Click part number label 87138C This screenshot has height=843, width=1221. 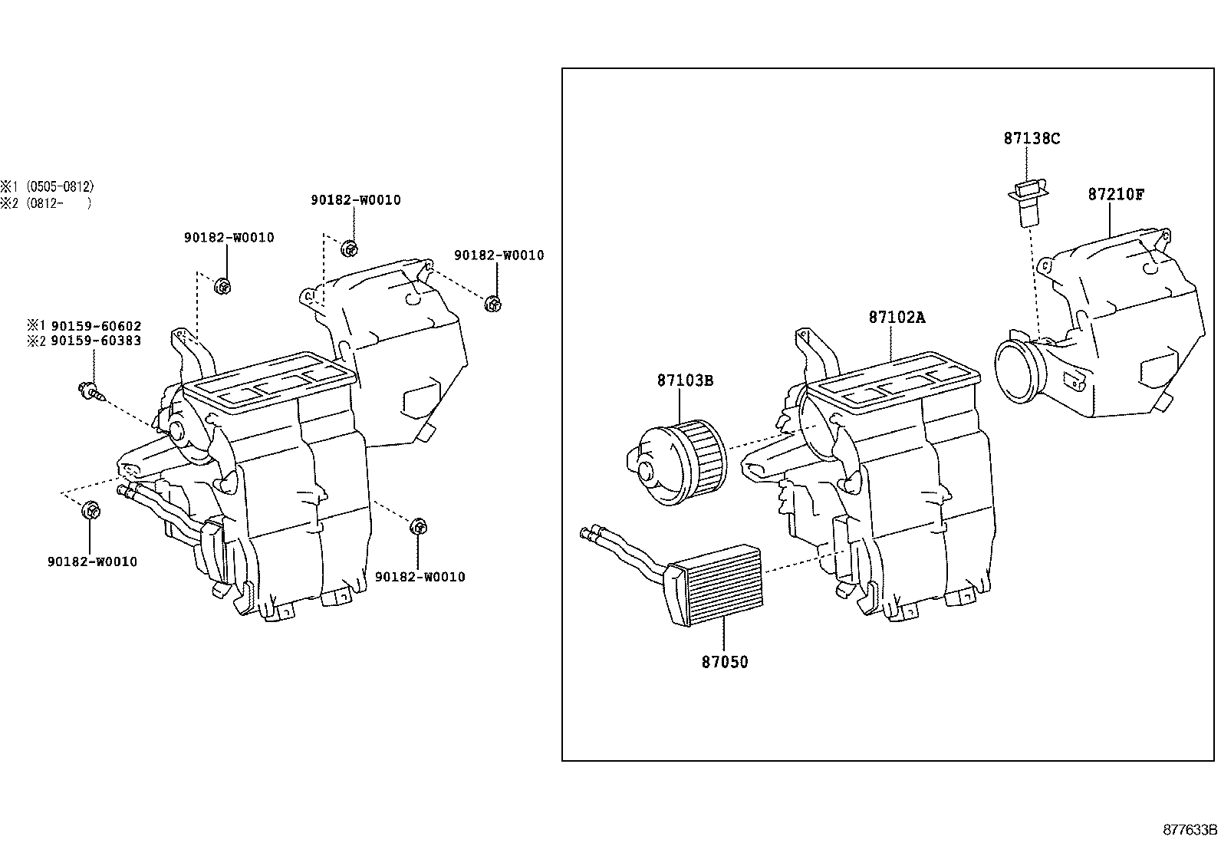pos(1032,139)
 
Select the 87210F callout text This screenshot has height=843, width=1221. pos(1115,195)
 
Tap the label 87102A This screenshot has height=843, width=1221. pos(897,318)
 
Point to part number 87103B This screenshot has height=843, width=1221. pos(684,380)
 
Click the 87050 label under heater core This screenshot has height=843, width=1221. pos(724,662)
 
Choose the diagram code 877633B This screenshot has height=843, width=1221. pos(1190,830)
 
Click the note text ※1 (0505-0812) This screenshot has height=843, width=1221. pos(47,186)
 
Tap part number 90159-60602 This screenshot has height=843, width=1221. pos(95,326)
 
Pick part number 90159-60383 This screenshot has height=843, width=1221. pos(95,341)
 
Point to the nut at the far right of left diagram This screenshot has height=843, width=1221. pos(493,303)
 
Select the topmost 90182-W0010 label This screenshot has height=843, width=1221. pos(355,200)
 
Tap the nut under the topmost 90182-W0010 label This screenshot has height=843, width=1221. pos(349,249)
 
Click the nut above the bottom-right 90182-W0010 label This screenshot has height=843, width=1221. pos(419,526)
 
